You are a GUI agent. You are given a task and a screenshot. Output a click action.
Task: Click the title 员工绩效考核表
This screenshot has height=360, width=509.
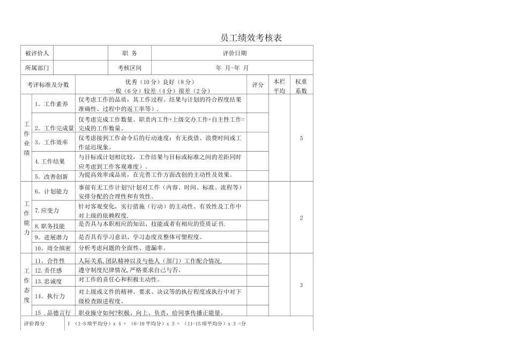[x=251, y=38]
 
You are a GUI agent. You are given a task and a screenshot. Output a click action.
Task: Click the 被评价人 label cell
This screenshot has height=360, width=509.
[x=37, y=53]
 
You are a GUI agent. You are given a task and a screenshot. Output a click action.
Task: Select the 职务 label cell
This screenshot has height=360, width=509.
[x=130, y=53]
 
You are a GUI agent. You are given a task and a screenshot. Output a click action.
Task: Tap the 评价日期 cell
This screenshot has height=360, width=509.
[x=235, y=53]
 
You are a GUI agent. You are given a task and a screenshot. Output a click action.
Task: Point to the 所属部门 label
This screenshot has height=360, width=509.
[x=37, y=68]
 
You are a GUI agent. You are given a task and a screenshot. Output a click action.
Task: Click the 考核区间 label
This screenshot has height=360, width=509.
[x=130, y=68]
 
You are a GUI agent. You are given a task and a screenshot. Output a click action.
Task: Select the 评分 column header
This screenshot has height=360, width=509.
[x=258, y=85]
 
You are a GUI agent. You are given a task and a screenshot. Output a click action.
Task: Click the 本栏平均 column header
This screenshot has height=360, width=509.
[x=279, y=86]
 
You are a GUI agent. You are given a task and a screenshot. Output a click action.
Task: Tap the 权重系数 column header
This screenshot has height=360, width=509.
[x=301, y=86]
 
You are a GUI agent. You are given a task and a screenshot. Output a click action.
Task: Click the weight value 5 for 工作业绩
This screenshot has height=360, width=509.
[x=301, y=138]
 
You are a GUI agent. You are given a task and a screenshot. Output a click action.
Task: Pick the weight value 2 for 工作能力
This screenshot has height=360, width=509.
[x=301, y=218]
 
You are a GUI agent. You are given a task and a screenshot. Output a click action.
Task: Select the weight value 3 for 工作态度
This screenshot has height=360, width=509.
[x=301, y=285]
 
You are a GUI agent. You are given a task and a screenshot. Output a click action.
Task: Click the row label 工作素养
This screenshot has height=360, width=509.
[x=52, y=104]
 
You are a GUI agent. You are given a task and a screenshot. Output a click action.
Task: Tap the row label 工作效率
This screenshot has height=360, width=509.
[x=52, y=142]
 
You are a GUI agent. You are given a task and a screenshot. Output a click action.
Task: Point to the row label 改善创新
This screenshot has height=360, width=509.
[x=52, y=176]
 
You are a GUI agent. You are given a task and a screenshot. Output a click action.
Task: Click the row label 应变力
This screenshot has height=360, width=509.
[x=47, y=211]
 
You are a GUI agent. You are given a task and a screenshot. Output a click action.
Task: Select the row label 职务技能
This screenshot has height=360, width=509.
[x=50, y=226]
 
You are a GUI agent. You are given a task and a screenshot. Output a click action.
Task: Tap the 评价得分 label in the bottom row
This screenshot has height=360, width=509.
[x=35, y=324]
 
